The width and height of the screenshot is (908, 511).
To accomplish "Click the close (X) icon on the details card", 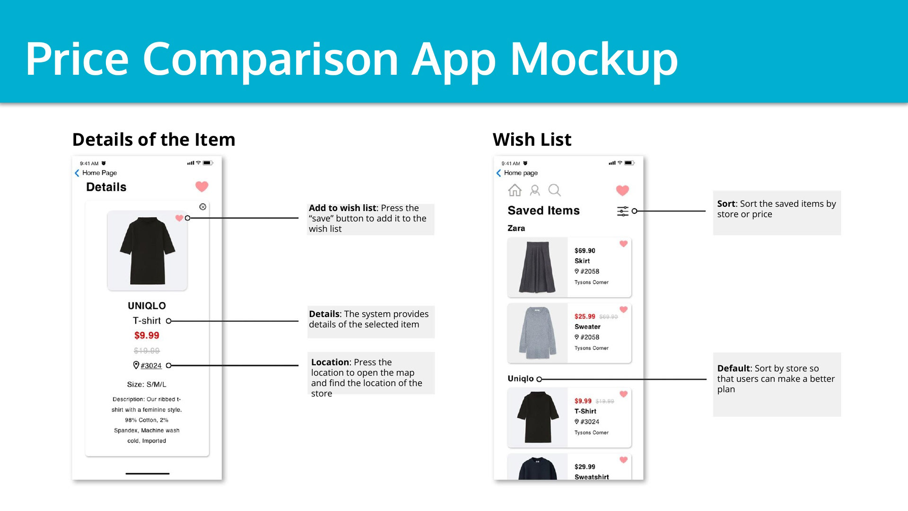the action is (x=203, y=207).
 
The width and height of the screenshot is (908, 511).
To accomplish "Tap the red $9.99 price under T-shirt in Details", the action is (x=147, y=335).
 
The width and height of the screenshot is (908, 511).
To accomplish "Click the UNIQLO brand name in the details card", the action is (x=147, y=306).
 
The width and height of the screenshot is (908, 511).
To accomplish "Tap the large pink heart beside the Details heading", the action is (x=202, y=186).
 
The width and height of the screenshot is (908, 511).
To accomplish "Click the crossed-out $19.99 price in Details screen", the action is (x=147, y=351).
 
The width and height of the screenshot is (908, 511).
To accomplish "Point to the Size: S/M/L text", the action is (x=147, y=384).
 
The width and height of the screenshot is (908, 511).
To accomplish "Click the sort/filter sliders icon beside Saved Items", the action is (x=623, y=211).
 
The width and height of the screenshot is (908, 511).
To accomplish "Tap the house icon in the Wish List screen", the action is (x=515, y=190).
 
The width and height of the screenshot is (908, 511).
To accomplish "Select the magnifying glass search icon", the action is (x=555, y=190).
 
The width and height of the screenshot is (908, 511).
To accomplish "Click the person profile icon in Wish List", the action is (x=535, y=190).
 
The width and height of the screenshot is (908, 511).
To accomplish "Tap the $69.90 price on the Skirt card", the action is (x=585, y=251).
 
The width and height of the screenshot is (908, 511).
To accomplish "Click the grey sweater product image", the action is (x=538, y=333).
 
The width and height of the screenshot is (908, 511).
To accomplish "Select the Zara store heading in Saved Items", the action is (x=516, y=228).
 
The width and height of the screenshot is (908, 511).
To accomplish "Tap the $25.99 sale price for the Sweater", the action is (x=585, y=317).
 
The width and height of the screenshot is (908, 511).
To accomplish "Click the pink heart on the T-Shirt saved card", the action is (x=623, y=394).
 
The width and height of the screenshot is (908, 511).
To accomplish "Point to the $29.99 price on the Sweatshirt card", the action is (x=585, y=467).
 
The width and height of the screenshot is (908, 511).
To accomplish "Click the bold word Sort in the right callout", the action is (x=726, y=204).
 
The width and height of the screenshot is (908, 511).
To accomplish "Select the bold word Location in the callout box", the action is (x=330, y=362).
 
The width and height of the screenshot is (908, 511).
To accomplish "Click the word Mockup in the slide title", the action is (x=594, y=59).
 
